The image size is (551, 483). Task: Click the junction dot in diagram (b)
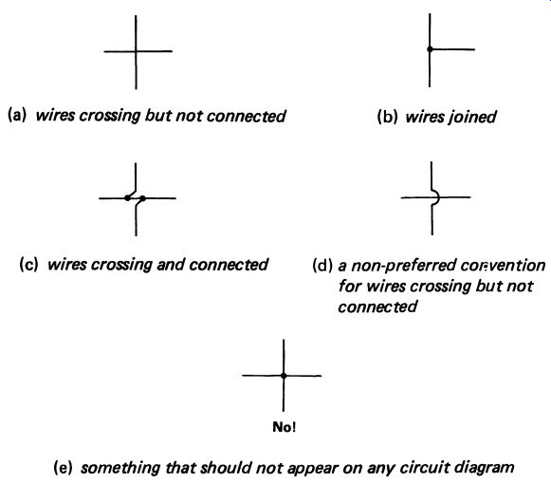tap(430, 49)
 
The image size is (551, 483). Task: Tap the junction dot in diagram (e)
tap(284, 376)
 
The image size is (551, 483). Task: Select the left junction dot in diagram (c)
tap(127, 198)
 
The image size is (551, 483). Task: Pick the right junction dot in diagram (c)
tap(142, 198)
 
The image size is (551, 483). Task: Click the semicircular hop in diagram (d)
tap(437, 197)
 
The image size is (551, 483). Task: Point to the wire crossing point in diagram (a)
tap(136, 51)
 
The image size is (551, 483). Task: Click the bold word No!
tap(284, 427)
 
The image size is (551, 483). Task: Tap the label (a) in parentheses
tap(17, 116)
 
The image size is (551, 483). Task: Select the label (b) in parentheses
tap(387, 117)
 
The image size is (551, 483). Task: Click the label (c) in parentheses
tap(28, 265)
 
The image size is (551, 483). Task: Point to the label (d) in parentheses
tap(322, 266)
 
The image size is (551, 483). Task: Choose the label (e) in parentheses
tap(63, 468)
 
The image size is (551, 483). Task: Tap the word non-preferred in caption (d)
tap(403, 266)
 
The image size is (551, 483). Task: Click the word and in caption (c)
tap(170, 265)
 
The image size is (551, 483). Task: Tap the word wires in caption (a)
tap(55, 116)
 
